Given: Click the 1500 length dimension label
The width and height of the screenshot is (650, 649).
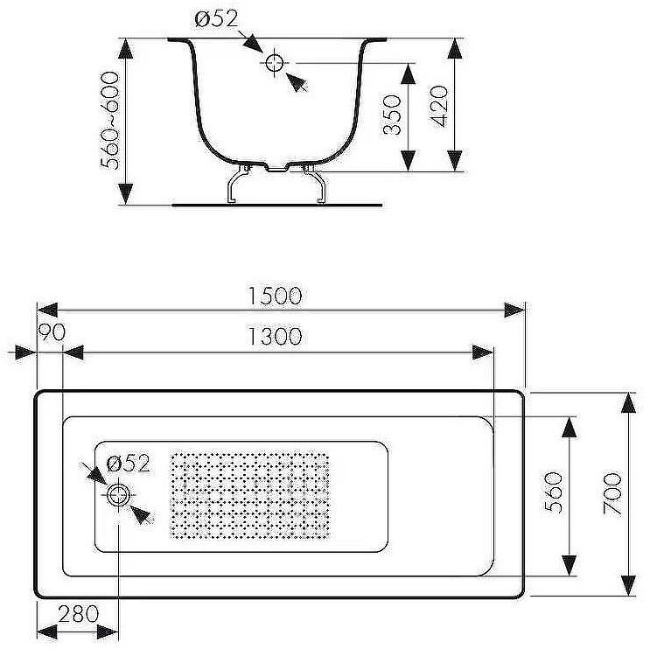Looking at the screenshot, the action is (275, 296).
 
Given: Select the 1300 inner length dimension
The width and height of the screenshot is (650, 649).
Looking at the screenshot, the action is (275, 336).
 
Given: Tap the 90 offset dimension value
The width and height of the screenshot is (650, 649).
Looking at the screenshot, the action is (52, 332).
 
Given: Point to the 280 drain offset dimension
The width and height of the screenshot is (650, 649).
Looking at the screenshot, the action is (79, 614).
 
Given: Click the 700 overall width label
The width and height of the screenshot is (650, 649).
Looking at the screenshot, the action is (612, 493).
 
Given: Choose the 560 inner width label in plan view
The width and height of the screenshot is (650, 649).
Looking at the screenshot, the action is (554, 492).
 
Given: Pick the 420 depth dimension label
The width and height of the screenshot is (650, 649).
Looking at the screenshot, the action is (439, 107).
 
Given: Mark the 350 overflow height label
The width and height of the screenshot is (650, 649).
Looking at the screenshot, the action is (392, 115).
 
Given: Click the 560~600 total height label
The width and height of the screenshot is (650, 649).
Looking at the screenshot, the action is (110, 121).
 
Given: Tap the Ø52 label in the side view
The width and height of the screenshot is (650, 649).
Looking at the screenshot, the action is (216, 19).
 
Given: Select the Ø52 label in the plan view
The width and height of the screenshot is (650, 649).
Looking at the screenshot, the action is (128, 464).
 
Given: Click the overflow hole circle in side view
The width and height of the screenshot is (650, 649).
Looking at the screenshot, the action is (274, 63).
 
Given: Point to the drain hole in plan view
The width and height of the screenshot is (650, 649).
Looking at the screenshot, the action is (119, 495).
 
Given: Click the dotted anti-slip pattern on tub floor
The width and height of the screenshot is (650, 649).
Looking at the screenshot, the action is (250, 496).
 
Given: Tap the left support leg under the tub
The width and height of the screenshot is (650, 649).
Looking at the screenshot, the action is (238, 184).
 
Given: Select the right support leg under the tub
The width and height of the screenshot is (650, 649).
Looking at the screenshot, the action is (316, 184).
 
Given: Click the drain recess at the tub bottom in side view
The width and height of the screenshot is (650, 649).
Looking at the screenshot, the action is (277, 167).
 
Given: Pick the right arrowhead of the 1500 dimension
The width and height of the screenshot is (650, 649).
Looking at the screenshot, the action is (514, 310).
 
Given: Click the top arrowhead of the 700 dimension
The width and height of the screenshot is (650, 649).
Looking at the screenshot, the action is (629, 403).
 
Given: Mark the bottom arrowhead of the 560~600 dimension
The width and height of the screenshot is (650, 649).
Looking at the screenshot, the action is (126, 194).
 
